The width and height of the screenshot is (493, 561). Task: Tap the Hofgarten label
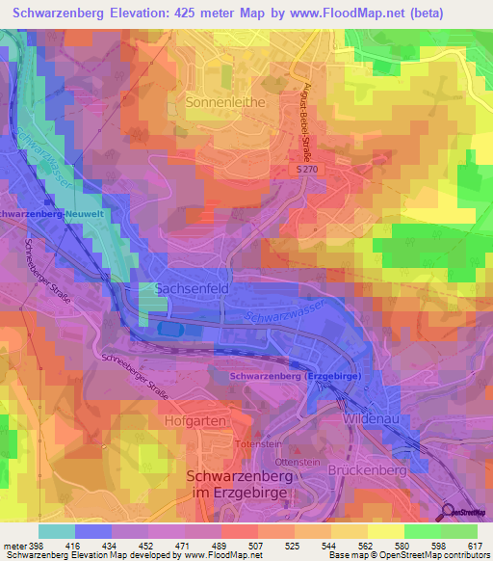195,421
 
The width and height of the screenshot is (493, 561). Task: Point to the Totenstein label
262,445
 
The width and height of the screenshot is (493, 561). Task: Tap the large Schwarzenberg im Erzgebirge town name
241,487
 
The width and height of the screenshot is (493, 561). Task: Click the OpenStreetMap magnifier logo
449,513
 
